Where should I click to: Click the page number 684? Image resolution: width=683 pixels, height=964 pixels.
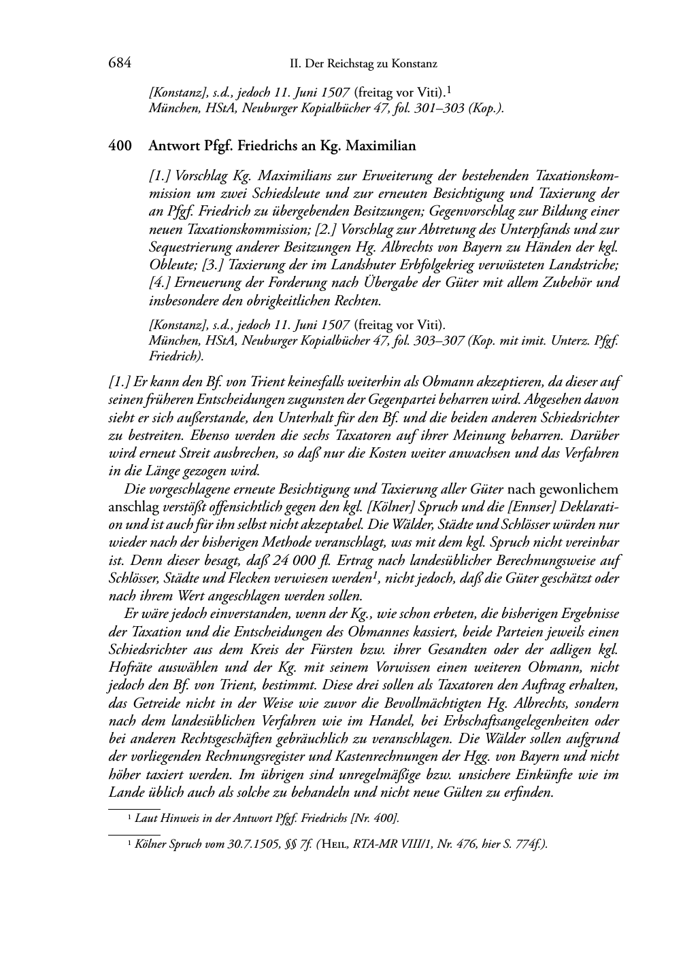[x=119, y=63]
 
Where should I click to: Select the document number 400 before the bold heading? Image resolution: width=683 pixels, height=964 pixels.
[x=119, y=145]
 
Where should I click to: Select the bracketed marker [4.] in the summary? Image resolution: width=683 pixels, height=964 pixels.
[x=160, y=281]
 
